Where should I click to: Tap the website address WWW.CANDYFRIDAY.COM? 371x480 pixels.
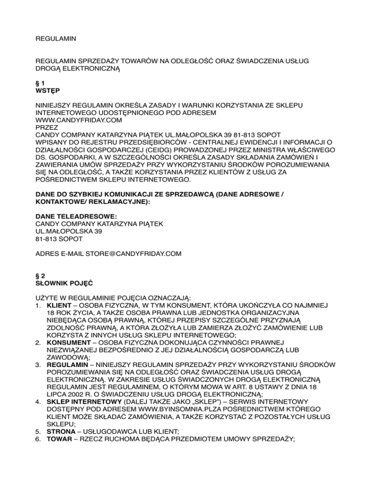click(x=76, y=120)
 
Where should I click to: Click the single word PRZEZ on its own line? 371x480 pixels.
click(x=47, y=127)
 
